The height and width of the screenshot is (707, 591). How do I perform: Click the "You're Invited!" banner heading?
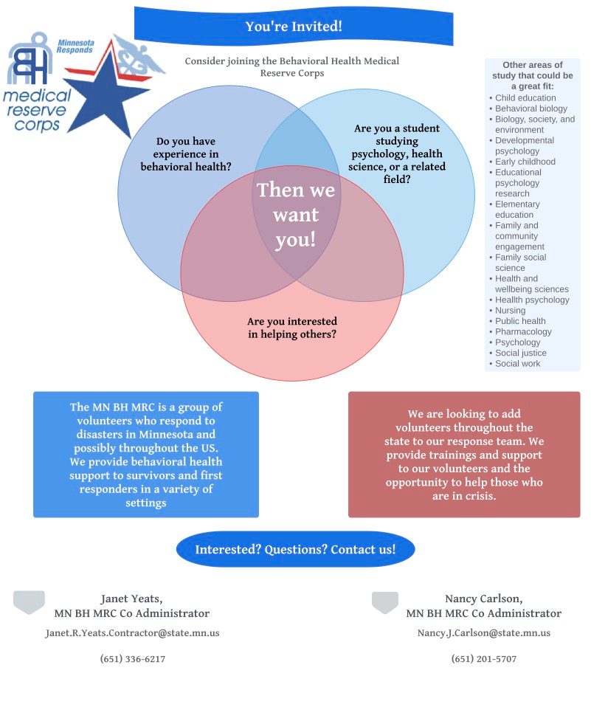coord(294,27)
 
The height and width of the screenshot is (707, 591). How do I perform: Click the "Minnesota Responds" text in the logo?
coord(75,46)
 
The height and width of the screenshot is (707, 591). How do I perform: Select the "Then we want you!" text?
coord(295,215)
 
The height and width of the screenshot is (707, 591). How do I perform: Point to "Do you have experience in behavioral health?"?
coord(186,154)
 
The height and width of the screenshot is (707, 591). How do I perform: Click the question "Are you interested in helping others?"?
coord(291,328)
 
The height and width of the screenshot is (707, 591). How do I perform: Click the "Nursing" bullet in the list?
coord(510,311)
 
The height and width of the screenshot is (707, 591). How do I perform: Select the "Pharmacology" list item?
coord(523,332)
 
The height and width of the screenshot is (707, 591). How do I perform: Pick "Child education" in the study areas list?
coord(525,98)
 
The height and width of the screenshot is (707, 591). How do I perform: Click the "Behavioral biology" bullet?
coord(530,108)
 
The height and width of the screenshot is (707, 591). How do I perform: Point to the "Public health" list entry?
coord(520,321)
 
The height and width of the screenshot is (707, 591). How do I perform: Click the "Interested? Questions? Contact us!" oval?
coord(295,550)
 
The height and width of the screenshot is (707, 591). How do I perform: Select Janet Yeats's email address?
coord(132,633)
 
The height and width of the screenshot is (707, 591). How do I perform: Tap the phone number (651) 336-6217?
coord(132,659)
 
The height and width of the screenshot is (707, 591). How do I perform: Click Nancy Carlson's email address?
coord(483,633)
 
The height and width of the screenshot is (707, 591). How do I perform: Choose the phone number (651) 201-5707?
coord(483,659)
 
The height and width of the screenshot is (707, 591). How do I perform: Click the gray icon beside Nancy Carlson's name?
coord(384,602)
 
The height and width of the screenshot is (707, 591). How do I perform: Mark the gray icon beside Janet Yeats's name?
coord(29,602)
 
